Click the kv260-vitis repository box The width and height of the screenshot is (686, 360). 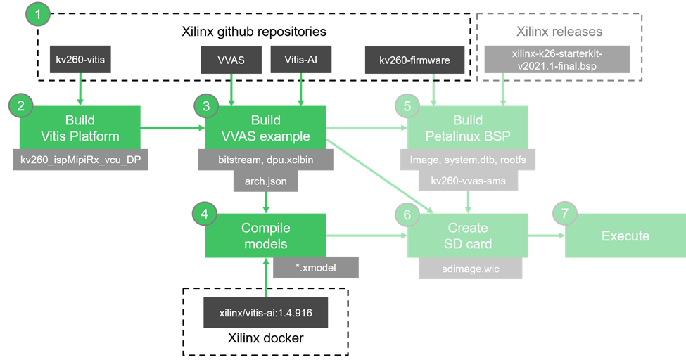pyautogui.click(x=80, y=60)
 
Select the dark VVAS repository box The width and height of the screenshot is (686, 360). pyautogui.click(x=231, y=60)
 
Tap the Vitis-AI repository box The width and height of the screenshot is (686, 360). pyautogui.click(x=300, y=60)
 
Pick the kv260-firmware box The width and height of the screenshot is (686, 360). pyautogui.click(x=414, y=60)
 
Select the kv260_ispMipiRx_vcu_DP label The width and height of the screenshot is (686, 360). pyautogui.click(x=82, y=160)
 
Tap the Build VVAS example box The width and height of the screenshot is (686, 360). pyautogui.click(x=265, y=127)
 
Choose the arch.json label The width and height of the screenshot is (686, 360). pyautogui.click(x=265, y=182)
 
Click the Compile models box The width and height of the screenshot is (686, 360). pyautogui.click(x=265, y=236)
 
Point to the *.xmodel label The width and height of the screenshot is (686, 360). pyautogui.click(x=316, y=267)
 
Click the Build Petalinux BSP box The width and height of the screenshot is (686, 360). pyautogui.click(x=468, y=127)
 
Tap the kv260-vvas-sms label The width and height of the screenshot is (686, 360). pyautogui.click(x=468, y=182)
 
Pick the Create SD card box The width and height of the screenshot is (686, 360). pyautogui.click(x=468, y=236)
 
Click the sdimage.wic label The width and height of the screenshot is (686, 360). pyautogui.click(x=468, y=267)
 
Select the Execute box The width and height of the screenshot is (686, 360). pyautogui.click(x=625, y=236)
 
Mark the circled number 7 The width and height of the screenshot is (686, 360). pyautogui.click(x=564, y=213)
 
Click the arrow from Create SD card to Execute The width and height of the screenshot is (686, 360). pyautogui.click(x=546, y=236)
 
